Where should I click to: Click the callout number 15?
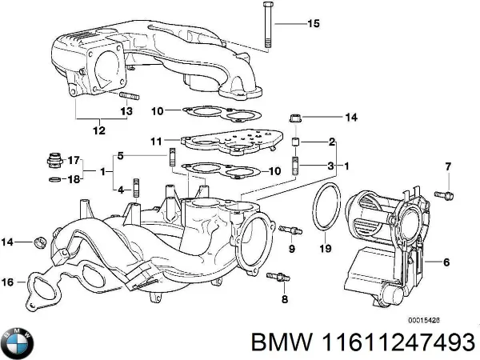(x=313, y=23)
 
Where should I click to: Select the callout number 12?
(x=98, y=130)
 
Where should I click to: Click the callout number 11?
(x=158, y=140)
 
